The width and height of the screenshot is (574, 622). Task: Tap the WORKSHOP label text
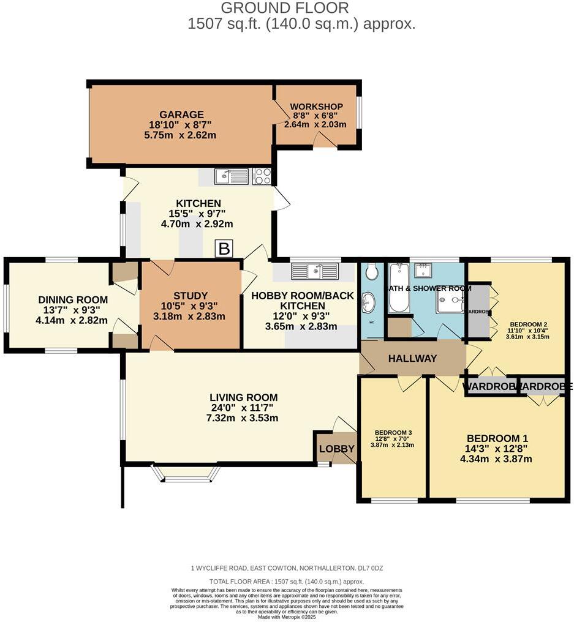pos(316,107)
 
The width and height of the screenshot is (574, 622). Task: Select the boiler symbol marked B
pos(224,249)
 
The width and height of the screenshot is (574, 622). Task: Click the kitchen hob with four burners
pos(262,176)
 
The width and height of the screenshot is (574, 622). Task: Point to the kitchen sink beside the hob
pos(231,176)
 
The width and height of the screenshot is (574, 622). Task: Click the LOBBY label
pos(337,449)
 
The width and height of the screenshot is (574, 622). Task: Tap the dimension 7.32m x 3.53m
pos(243,418)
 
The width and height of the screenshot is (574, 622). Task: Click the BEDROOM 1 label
pos(497,438)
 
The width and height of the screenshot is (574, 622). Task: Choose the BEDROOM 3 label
pos(393,433)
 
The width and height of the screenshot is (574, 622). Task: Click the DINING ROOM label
pos(73,299)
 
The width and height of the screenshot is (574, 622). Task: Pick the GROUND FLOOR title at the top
pos(284,8)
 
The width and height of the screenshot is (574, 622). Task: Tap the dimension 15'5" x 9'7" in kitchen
pos(198,214)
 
